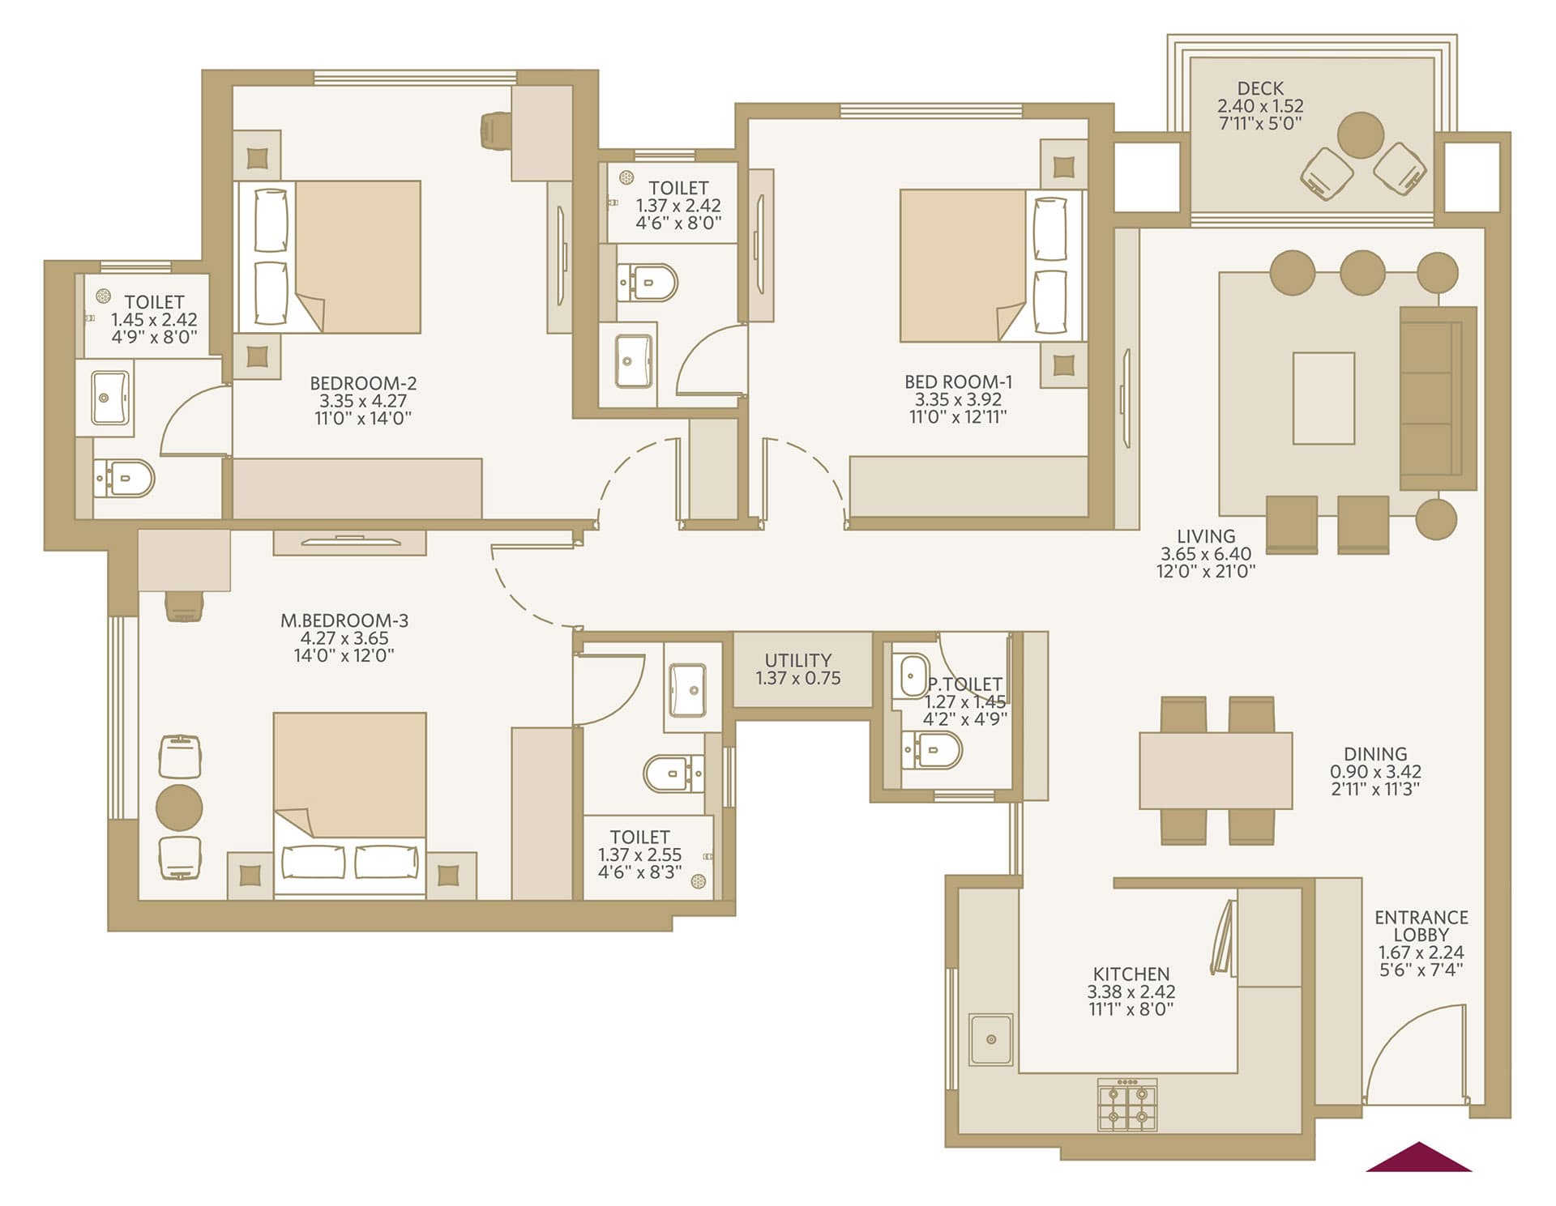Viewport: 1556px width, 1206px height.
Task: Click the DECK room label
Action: pos(1260,88)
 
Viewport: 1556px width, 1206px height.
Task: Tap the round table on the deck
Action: pos(1361,135)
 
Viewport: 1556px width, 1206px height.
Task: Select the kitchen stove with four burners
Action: pos(1126,1104)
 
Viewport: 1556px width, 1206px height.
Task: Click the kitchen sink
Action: pos(991,1039)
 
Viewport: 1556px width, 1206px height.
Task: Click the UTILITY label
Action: pos(798,660)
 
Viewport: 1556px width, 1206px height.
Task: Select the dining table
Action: pos(1216,770)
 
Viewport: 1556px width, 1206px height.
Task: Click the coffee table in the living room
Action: pos(1323,398)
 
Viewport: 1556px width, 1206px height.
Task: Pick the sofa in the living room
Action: pos(1438,398)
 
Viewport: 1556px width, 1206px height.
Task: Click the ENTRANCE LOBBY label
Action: pos(1421,926)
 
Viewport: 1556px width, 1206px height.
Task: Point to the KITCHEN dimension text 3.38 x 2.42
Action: pos(1131,991)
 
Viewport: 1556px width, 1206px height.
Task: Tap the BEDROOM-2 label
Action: pos(363,383)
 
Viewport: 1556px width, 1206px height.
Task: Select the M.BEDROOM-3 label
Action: pos(344,620)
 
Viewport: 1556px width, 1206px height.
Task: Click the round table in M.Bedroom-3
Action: pos(179,808)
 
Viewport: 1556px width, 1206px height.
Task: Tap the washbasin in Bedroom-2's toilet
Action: pos(110,398)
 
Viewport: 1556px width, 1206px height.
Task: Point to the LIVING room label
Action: pos(1206,536)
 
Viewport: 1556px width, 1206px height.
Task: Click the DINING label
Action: pos(1375,754)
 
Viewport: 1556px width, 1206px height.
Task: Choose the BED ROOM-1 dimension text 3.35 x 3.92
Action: pos(958,399)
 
